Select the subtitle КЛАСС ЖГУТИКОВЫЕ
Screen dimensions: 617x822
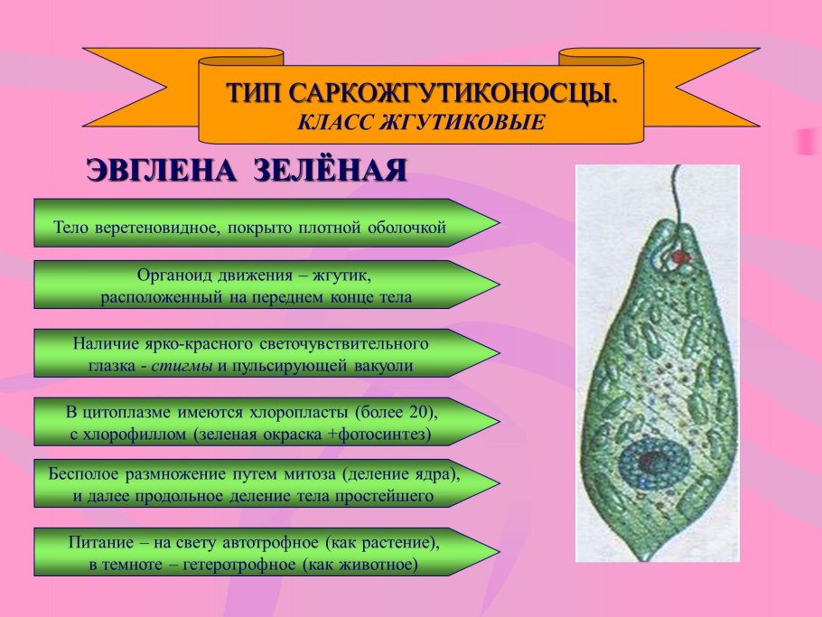tap(421, 120)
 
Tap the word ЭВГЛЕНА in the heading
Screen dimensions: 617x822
tap(150, 171)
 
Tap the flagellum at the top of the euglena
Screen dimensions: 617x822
tap(675, 193)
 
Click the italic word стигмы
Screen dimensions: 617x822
tap(183, 366)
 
